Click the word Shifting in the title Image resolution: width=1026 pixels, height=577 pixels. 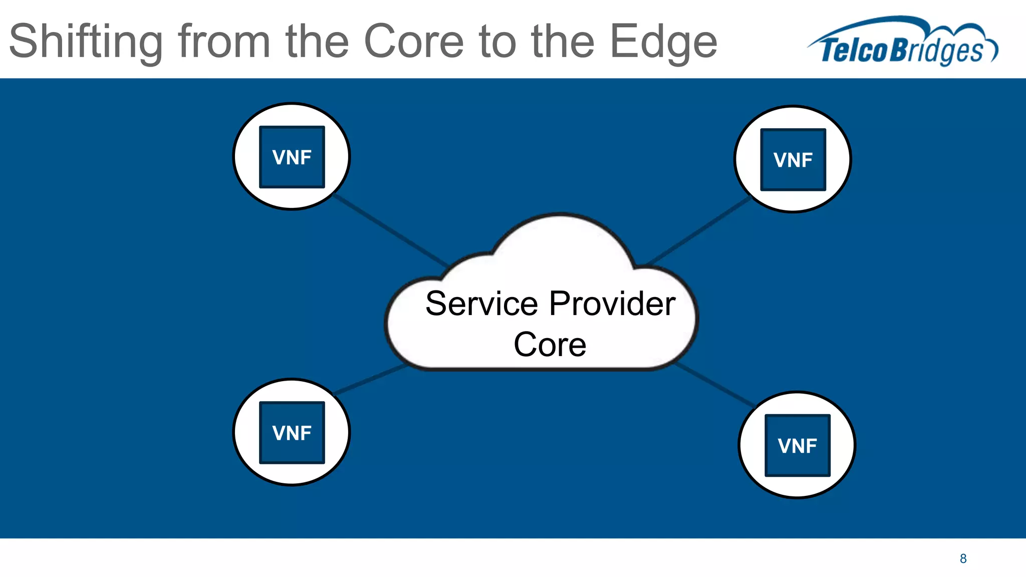point(86,42)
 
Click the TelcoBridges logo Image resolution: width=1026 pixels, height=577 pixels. point(902,43)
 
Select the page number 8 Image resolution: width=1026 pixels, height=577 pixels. point(963,558)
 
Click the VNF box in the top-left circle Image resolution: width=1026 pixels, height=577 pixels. point(292,157)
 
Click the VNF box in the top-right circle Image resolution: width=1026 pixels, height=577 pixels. point(793,160)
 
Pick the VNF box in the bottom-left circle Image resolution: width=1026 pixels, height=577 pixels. point(292,433)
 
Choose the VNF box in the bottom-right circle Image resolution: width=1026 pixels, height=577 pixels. point(797,445)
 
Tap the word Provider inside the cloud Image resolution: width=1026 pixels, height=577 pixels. point(612,304)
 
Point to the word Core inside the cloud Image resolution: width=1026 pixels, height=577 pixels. point(550,345)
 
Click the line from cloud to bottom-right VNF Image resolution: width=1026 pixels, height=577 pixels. point(716,384)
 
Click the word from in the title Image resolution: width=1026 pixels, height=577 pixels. point(225,42)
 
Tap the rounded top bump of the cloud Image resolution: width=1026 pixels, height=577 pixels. point(561,235)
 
